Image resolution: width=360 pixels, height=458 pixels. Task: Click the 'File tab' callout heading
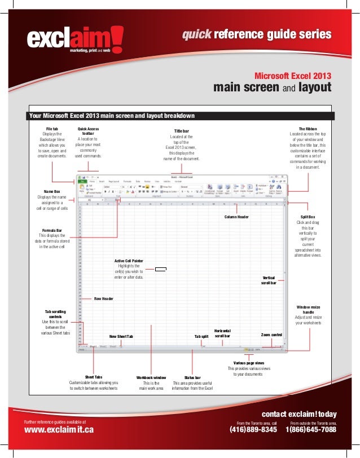coord(52,129)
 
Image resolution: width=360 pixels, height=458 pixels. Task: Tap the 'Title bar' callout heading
coord(181,131)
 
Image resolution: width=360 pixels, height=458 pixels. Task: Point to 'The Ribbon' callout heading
coord(311,129)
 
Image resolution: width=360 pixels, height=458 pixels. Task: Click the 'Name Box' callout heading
coord(52,191)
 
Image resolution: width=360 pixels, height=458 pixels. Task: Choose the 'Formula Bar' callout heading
coord(52,230)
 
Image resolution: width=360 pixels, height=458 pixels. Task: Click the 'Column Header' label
coord(236,217)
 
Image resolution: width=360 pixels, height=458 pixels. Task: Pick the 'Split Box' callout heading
coord(308,217)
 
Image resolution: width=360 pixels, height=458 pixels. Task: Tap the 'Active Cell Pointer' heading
coord(129,261)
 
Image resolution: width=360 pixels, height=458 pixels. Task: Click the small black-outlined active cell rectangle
coord(161,270)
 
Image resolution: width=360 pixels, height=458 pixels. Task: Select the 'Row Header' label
coord(103,299)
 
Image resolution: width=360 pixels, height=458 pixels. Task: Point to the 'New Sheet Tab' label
coord(121,337)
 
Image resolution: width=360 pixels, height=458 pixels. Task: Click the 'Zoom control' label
coord(271,334)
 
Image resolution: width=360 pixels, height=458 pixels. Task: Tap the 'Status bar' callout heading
coord(192,377)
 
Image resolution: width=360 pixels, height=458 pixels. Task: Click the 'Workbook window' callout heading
coord(151,377)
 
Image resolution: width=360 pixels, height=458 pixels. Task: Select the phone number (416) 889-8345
coord(253,430)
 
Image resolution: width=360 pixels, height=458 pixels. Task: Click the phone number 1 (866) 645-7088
coord(311,430)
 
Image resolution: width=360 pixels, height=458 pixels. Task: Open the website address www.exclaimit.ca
coord(59,430)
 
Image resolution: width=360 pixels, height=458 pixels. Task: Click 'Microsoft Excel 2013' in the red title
coord(293,76)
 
